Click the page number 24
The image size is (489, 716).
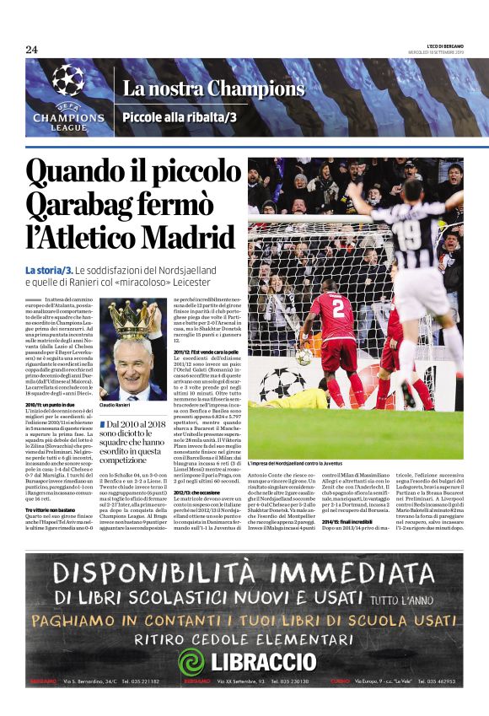[31, 49]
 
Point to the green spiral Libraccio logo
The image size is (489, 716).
[192, 660]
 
